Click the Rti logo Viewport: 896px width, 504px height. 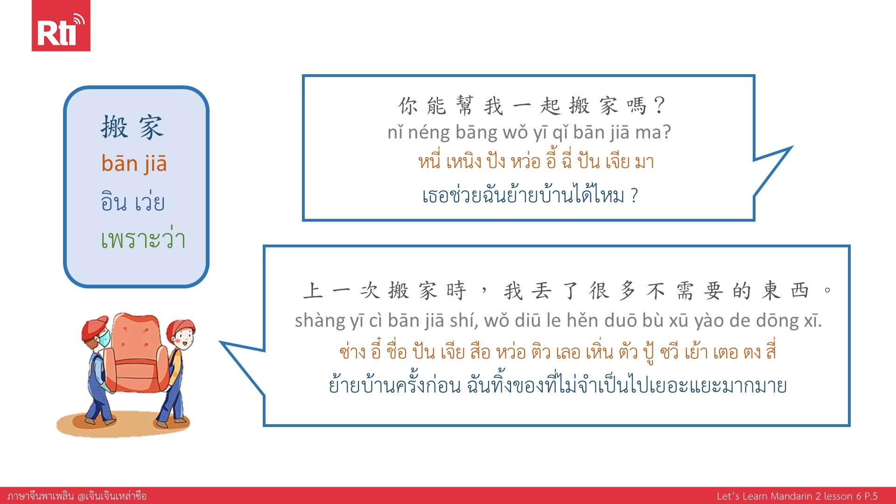(61, 26)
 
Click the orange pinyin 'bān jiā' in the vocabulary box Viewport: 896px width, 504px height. (134, 163)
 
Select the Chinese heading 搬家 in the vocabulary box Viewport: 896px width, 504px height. (133, 127)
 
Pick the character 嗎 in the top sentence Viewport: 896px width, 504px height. (636, 106)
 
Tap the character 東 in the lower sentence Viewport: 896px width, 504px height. (771, 290)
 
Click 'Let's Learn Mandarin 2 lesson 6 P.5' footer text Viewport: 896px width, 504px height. (797, 496)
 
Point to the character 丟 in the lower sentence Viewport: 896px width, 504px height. (541, 290)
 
